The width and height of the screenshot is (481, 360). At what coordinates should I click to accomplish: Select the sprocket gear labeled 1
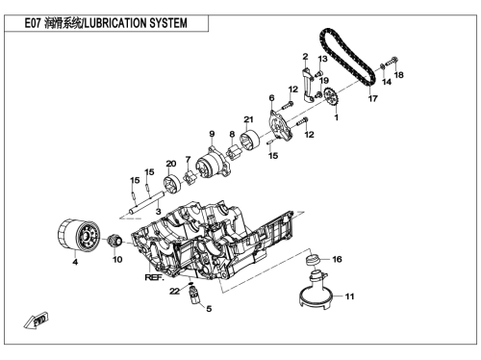(x=331, y=96)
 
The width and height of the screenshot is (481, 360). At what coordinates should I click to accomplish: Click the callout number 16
(x=337, y=259)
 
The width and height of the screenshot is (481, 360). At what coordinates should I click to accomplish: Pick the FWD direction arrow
(x=37, y=320)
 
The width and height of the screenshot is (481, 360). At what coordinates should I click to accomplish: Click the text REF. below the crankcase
(x=154, y=277)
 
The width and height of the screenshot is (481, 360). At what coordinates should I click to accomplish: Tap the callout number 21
(x=248, y=119)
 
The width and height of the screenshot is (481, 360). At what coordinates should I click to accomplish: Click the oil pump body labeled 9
(x=214, y=163)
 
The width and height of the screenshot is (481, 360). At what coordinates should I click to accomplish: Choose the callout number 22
(x=174, y=292)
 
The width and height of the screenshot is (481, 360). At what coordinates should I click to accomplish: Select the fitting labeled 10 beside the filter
(x=114, y=241)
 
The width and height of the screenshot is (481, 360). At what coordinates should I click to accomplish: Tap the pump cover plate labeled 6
(x=279, y=126)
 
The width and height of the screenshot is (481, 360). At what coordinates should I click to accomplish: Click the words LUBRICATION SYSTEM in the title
(x=136, y=23)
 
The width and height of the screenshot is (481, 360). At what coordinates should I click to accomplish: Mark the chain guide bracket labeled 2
(x=309, y=85)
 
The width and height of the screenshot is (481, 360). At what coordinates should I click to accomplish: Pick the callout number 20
(x=171, y=164)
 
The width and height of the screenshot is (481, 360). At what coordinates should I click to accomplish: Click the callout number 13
(x=322, y=59)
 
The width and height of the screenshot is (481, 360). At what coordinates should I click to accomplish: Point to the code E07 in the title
(x=33, y=23)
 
